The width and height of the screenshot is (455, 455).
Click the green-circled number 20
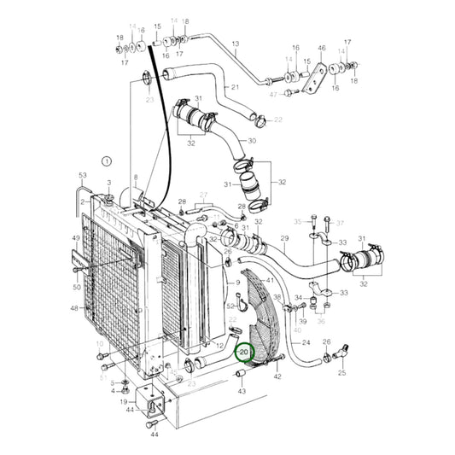click(x=245, y=352)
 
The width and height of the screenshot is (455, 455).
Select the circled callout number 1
click(x=106, y=160)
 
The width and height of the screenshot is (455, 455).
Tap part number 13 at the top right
click(x=235, y=43)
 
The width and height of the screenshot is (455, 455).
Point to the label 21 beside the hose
click(x=235, y=88)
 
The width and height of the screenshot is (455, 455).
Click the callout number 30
click(x=252, y=141)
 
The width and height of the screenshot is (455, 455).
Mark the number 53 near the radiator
click(x=83, y=176)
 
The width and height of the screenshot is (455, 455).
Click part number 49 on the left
click(x=75, y=239)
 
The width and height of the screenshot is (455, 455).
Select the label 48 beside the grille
click(x=75, y=308)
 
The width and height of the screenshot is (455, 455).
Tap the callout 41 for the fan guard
click(x=270, y=280)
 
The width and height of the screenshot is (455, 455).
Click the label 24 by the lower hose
click(x=306, y=343)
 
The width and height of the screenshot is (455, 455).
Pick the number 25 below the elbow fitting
click(x=342, y=373)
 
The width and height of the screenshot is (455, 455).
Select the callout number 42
click(x=277, y=376)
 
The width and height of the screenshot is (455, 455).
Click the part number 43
click(x=242, y=392)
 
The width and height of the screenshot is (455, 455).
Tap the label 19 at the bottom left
click(x=124, y=401)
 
